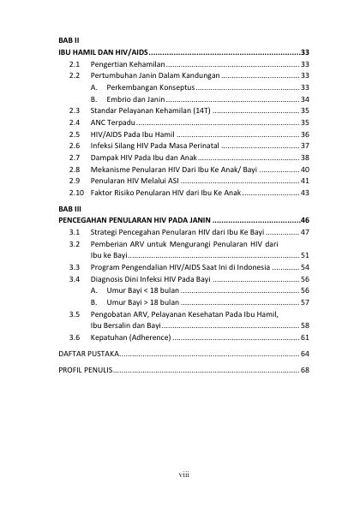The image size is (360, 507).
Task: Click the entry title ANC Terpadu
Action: pos(114,123)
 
